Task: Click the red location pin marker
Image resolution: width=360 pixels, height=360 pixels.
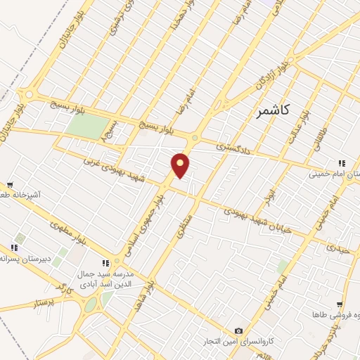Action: click(x=181, y=165)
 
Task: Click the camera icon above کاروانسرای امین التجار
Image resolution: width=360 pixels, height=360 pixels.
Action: click(x=238, y=330)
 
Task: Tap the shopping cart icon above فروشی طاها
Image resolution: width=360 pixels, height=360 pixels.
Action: click(x=339, y=304)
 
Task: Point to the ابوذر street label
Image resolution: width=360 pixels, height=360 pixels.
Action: click(x=267, y=197)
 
